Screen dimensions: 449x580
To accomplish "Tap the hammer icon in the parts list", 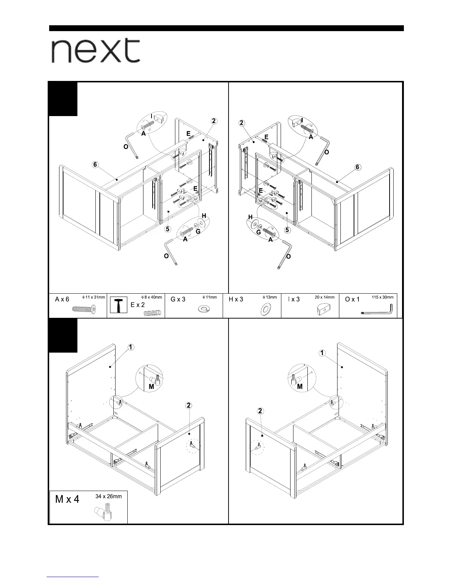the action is (x=118, y=305).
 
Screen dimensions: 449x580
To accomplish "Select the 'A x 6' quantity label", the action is (x=62, y=300).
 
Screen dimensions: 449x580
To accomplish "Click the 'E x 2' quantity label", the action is (x=138, y=305).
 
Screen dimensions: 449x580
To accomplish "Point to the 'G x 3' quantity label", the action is (x=178, y=300).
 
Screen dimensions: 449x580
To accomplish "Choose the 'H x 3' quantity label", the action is (x=236, y=300).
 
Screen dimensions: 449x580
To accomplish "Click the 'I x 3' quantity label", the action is (x=294, y=300).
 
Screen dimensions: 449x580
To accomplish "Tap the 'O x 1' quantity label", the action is (x=352, y=300).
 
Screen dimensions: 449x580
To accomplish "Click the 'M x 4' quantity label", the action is (x=67, y=499).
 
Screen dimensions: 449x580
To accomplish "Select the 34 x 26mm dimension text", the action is (x=109, y=497).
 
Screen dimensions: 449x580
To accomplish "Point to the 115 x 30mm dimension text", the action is (x=382, y=297).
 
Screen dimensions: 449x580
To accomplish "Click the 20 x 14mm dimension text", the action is (x=325, y=297).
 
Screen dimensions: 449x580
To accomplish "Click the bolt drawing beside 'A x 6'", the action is (x=84, y=310).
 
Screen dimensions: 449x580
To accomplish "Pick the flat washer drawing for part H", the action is (x=266, y=309).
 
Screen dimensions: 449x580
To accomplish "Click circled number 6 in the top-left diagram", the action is (x=95, y=165).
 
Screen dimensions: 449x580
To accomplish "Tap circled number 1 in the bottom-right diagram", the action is (x=322, y=353).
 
